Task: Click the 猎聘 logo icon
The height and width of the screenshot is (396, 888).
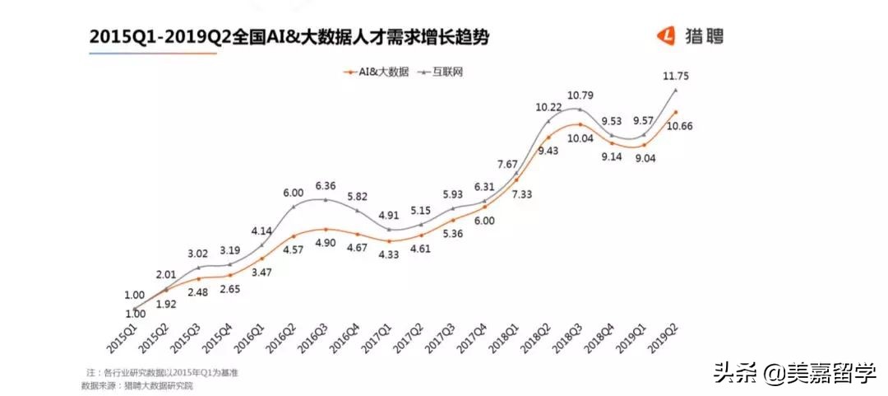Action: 665,35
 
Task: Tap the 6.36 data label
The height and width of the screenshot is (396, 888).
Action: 326,185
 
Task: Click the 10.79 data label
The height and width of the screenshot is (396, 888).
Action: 581,96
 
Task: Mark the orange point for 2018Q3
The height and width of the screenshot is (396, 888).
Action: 580,124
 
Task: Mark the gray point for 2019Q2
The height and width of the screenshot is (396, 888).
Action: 675,89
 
